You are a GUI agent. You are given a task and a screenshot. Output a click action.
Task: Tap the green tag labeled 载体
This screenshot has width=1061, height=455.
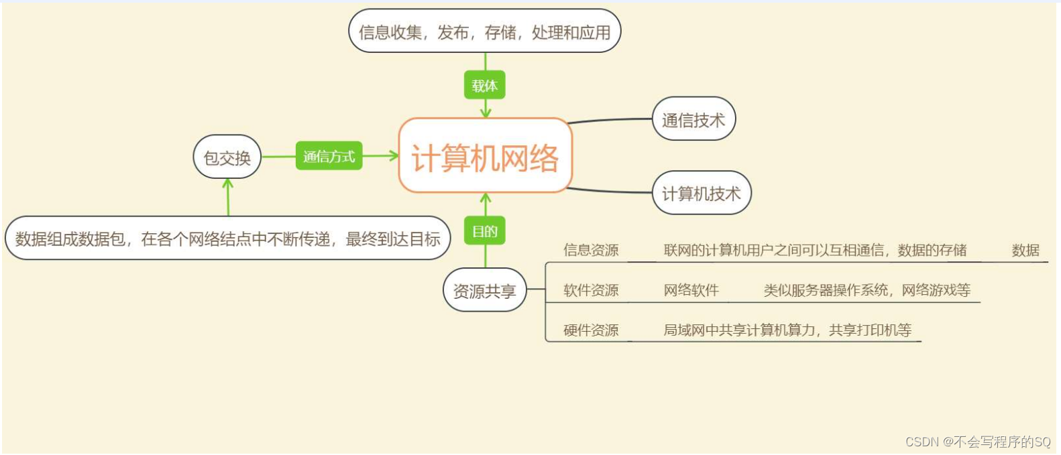tap(484, 86)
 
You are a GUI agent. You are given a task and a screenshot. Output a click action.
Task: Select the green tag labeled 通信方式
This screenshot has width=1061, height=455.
tap(329, 156)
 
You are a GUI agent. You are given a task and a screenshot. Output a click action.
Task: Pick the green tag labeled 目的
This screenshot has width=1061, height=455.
tap(484, 232)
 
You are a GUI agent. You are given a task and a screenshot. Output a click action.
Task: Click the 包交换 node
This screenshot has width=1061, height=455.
tap(227, 157)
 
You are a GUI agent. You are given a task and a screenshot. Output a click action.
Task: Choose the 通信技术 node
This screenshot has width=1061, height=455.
tap(693, 120)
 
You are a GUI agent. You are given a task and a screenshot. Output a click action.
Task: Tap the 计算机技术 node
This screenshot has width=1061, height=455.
tap(702, 194)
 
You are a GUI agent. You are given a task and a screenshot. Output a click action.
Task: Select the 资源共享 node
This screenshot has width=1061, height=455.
tap(484, 291)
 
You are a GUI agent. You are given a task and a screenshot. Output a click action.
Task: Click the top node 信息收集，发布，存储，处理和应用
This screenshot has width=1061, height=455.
tap(484, 31)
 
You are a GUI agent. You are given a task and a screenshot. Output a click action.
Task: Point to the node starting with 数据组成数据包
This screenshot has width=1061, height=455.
tap(227, 239)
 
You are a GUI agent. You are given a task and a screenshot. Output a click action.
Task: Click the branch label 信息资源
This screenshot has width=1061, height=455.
tap(591, 251)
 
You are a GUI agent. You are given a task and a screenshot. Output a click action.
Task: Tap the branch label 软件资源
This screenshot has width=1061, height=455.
tap(591, 290)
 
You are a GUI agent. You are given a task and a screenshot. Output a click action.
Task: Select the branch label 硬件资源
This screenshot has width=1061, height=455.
tap(591, 330)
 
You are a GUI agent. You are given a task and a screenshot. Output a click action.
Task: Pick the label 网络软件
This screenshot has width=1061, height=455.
tap(691, 290)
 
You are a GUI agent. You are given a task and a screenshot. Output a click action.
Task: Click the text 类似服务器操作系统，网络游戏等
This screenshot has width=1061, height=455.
tap(867, 290)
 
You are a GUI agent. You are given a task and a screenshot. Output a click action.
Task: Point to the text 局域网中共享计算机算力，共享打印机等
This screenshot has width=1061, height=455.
tap(787, 330)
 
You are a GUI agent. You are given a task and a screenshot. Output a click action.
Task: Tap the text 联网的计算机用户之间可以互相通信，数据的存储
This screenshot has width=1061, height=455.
tap(815, 251)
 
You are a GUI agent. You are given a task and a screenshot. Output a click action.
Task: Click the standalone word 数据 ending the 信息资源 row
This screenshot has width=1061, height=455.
tap(1025, 251)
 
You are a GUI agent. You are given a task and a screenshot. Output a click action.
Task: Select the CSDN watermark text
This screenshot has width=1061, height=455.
tap(978, 442)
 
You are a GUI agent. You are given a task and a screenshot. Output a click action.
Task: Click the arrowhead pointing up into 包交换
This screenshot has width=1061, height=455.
tap(228, 182)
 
